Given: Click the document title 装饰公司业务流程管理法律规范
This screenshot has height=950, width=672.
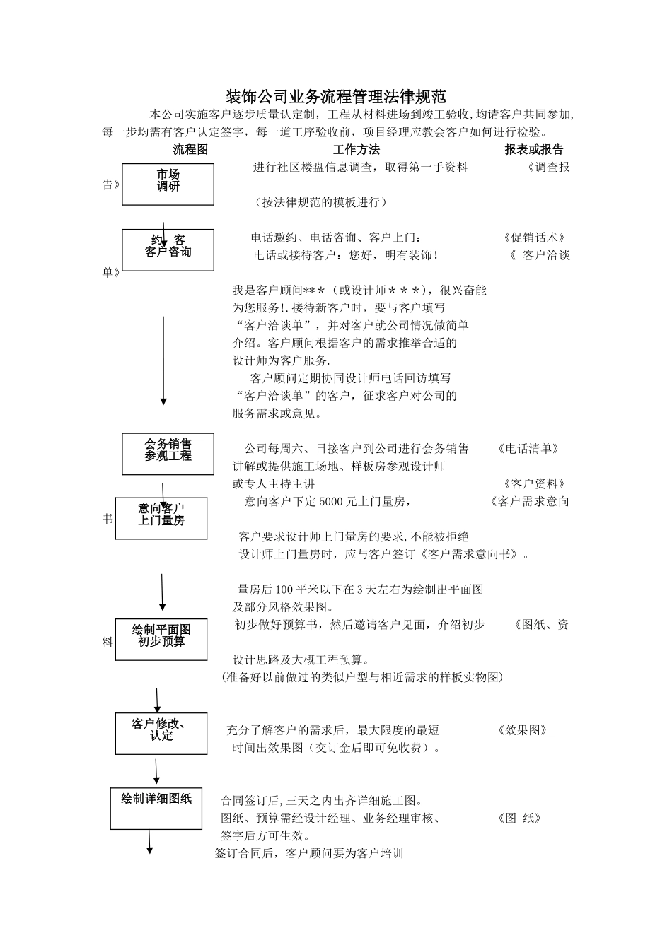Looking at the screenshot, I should click(x=336, y=96).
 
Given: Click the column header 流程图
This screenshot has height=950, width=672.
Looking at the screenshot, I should click(x=191, y=150).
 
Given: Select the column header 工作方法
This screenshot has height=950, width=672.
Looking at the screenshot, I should click(x=357, y=150).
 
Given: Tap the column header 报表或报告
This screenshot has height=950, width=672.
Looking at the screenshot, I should click(x=534, y=150).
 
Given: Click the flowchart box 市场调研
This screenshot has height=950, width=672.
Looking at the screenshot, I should click(x=168, y=184).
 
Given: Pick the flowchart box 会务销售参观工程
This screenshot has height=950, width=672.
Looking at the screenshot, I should click(x=168, y=454).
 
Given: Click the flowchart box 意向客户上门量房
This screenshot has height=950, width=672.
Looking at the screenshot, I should click(x=161, y=517).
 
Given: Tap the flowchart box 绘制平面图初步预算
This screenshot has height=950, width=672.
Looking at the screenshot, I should click(x=161, y=639).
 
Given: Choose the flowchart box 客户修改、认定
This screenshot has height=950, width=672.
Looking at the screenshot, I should click(x=161, y=733).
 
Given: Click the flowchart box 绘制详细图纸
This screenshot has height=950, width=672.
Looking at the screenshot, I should click(x=156, y=807).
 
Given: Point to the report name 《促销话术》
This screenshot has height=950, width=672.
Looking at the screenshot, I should click(x=534, y=237).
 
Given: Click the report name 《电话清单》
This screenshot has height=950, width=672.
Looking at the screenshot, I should click(x=528, y=449).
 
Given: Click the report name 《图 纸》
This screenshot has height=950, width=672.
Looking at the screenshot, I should click(x=519, y=819).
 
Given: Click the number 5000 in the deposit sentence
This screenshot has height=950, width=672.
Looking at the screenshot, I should click(x=331, y=502).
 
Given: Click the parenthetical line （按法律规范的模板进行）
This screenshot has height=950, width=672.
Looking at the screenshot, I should click(x=320, y=202).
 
